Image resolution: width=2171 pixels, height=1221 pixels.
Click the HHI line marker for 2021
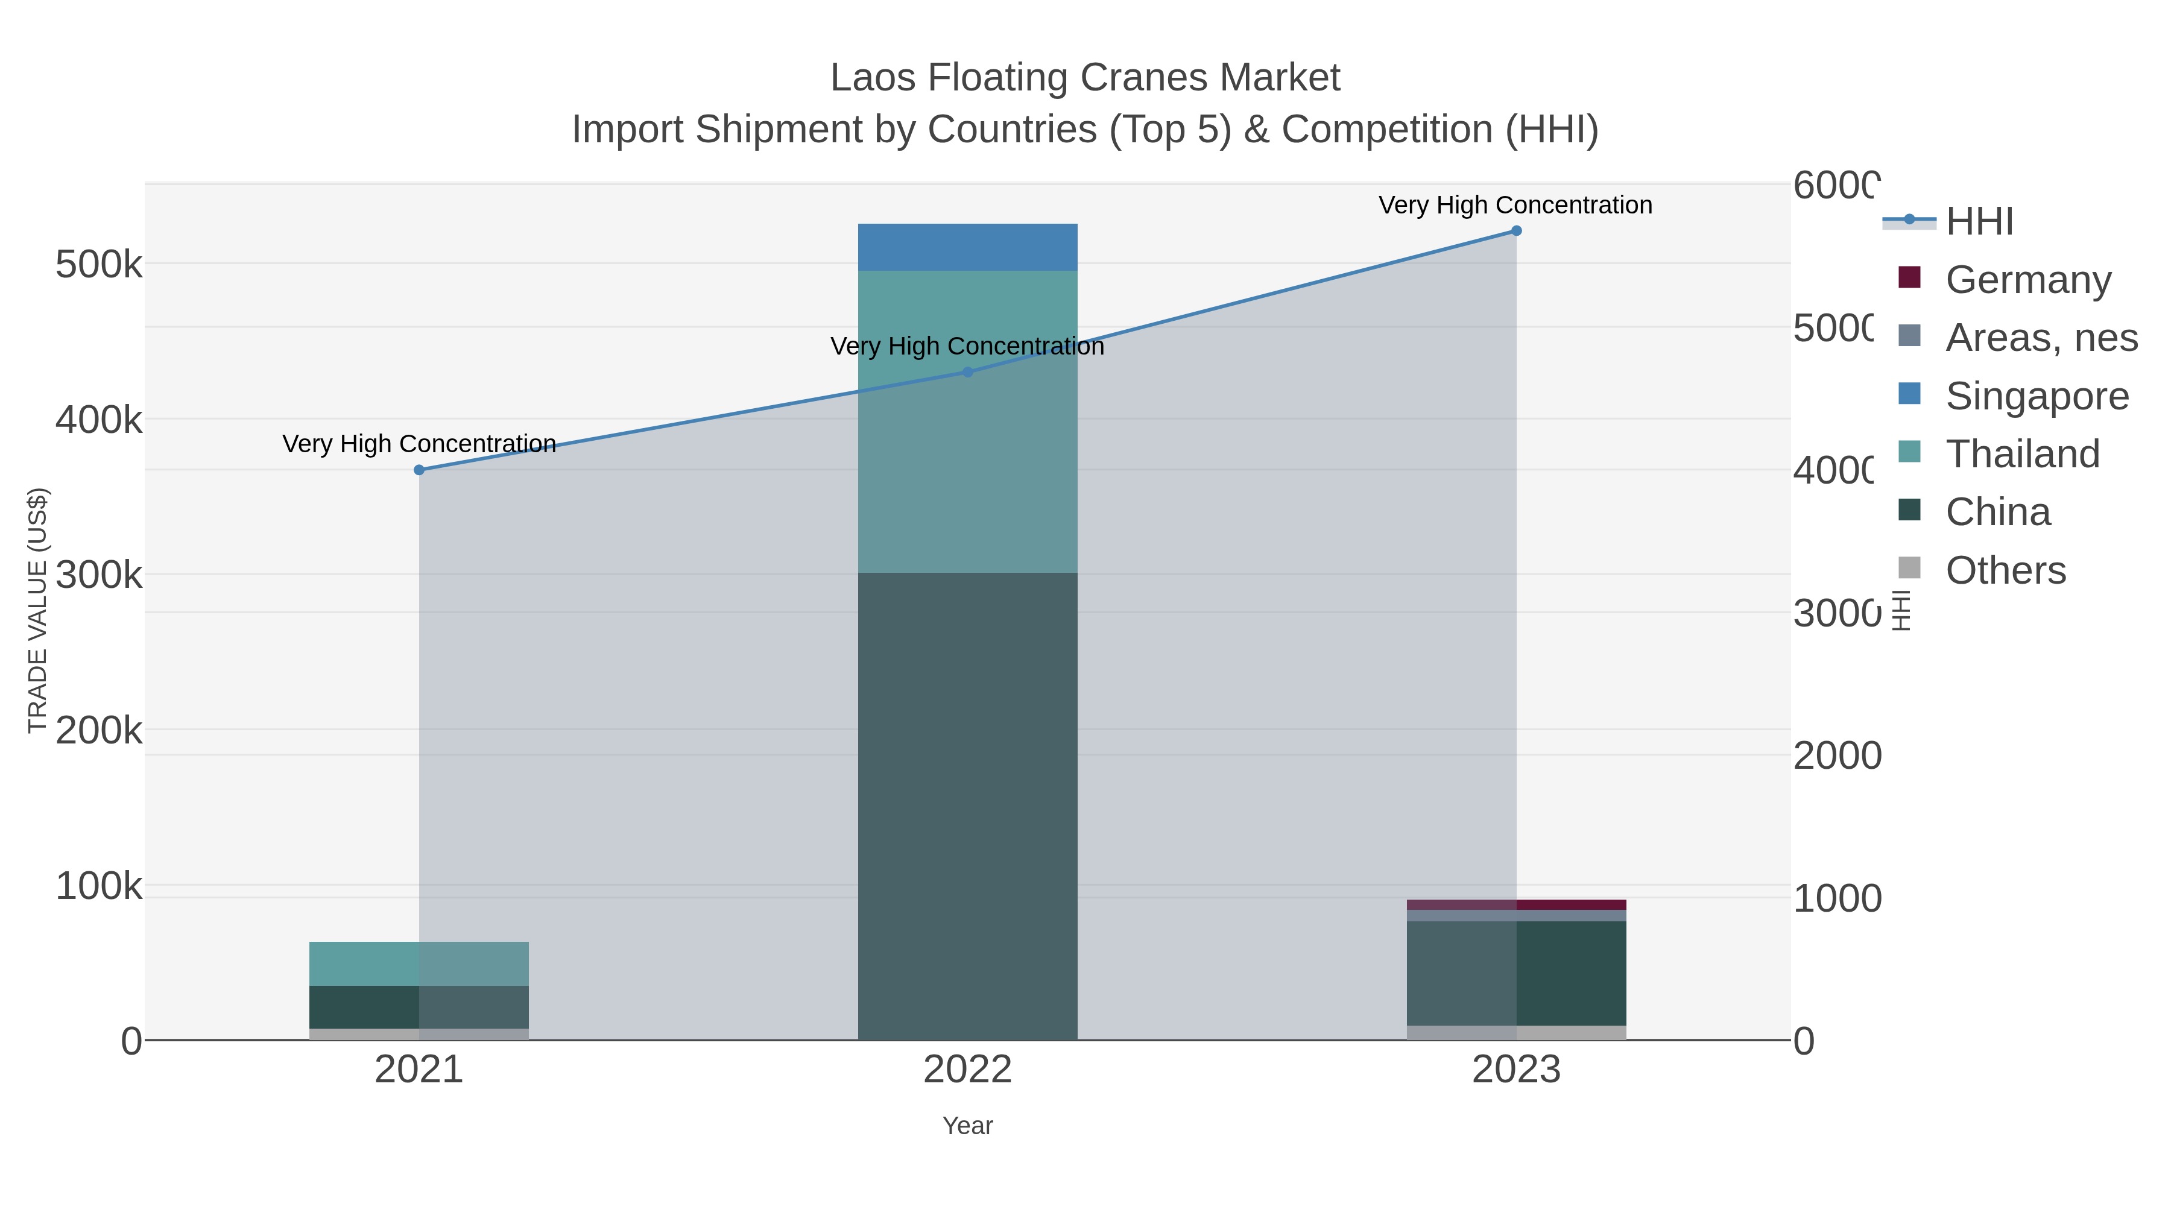coord(419,470)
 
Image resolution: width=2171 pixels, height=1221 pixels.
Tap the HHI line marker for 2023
coord(1516,231)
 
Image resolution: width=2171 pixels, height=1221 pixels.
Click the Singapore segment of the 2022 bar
coord(967,247)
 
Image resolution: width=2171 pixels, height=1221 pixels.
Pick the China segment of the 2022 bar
coord(967,806)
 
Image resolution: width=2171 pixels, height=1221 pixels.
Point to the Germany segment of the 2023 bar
coord(1516,905)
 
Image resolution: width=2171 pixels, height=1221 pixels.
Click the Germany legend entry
coord(2027,280)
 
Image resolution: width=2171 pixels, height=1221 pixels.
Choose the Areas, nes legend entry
coord(2040,338)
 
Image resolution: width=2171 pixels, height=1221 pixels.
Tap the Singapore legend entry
coord(2036,396)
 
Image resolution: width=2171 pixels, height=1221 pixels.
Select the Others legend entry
coord(2005,570)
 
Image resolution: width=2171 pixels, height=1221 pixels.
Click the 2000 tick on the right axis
coord(1836,756)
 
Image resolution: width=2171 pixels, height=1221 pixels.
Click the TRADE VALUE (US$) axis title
coord(38,610)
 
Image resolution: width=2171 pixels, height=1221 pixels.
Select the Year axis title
coord(967,1126)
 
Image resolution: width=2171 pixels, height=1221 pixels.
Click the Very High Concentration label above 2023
coord(1515,206)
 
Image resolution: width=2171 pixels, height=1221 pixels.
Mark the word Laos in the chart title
coord(867,78)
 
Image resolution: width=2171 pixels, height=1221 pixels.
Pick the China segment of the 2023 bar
coord(1516,973)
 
